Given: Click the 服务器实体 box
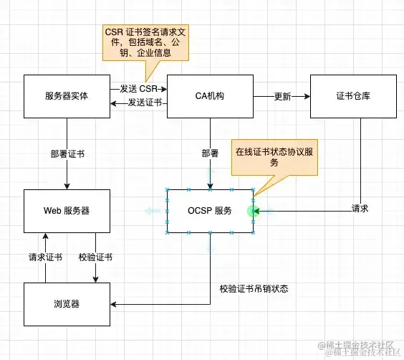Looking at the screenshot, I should click(67, 96).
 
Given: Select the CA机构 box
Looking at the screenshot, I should click(210, 96).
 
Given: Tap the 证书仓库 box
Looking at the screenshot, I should click(353, 96).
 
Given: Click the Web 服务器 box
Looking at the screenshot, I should click(67, 211).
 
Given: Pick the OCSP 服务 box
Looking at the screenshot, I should click(210, 211).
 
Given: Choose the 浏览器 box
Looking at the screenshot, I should click(67, 304).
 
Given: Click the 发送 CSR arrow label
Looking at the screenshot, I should click(138, 88).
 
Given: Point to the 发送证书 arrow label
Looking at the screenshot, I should click(143, 104).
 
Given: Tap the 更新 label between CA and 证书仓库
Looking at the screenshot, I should click(282, 96).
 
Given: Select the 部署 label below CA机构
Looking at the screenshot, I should click(210, 153).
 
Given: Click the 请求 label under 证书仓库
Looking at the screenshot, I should click(360, 209).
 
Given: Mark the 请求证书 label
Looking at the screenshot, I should click(45, 257).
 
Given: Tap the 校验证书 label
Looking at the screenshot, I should click(95, 257).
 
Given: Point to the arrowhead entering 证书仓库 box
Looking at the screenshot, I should click(307, 96).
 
